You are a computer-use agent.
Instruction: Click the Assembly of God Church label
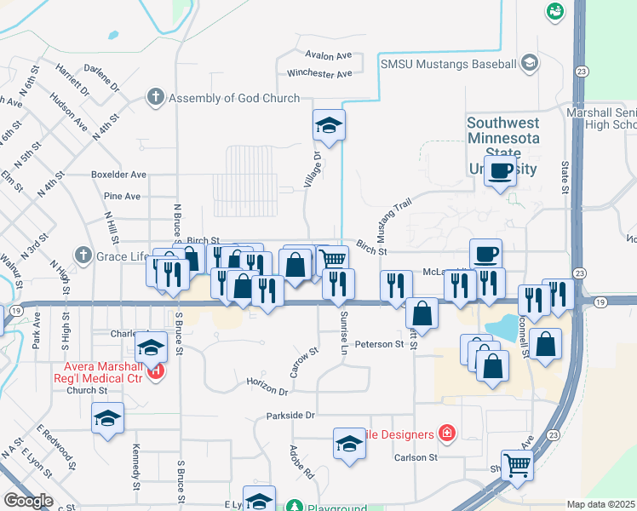coord(234,98)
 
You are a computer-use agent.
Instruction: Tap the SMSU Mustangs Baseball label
coord(447,63)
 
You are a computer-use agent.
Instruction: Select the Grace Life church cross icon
coord(83,255)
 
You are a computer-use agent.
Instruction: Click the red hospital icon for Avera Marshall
coord(155,371)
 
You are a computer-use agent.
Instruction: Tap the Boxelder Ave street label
coord(118,175)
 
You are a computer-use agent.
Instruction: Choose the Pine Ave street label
coord(122,196)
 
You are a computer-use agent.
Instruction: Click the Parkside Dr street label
coord(290,416)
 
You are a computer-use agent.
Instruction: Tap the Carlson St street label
coord(415,457)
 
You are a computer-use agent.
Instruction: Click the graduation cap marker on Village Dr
coord(329,126)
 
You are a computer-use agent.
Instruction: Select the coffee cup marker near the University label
coord(502,171)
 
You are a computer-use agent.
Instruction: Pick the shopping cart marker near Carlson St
coord(517,466)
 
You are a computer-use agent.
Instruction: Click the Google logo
coord(27,501)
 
